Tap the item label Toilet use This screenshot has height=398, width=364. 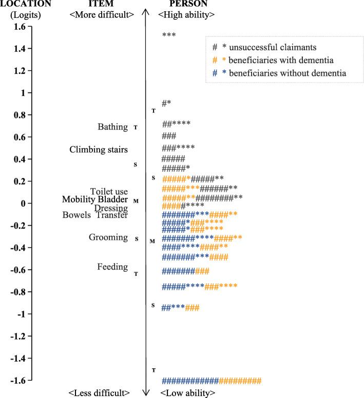pos(109,191)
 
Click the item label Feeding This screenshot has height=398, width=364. pos(112,267)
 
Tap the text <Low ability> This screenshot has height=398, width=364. pos(186,393)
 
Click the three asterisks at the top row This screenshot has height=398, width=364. pos(169,35)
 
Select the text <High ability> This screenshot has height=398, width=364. pos(186,15)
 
